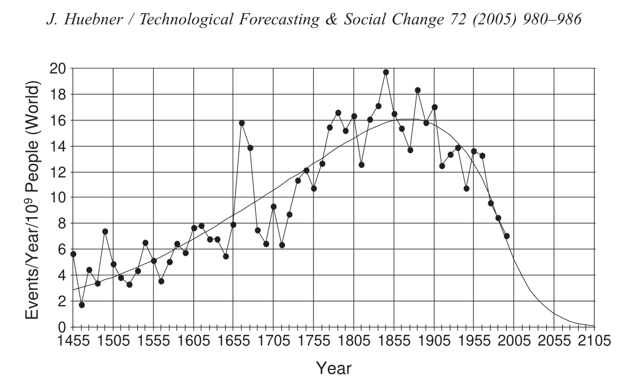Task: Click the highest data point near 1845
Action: click(386, 72)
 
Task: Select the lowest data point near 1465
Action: click(82, 305)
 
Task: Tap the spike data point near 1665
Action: click(242, 123)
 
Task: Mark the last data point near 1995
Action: click(507, 236)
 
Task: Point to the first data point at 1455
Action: click(73, 254)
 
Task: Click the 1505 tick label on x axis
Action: click(113, 340)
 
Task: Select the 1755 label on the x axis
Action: click(313, 340)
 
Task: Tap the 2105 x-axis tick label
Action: click(594, 340)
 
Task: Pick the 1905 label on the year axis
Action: click(434, 340)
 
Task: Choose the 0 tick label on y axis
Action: click(62, 327)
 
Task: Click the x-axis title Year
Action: click(333, 367)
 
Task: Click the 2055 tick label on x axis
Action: click(554, 340)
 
